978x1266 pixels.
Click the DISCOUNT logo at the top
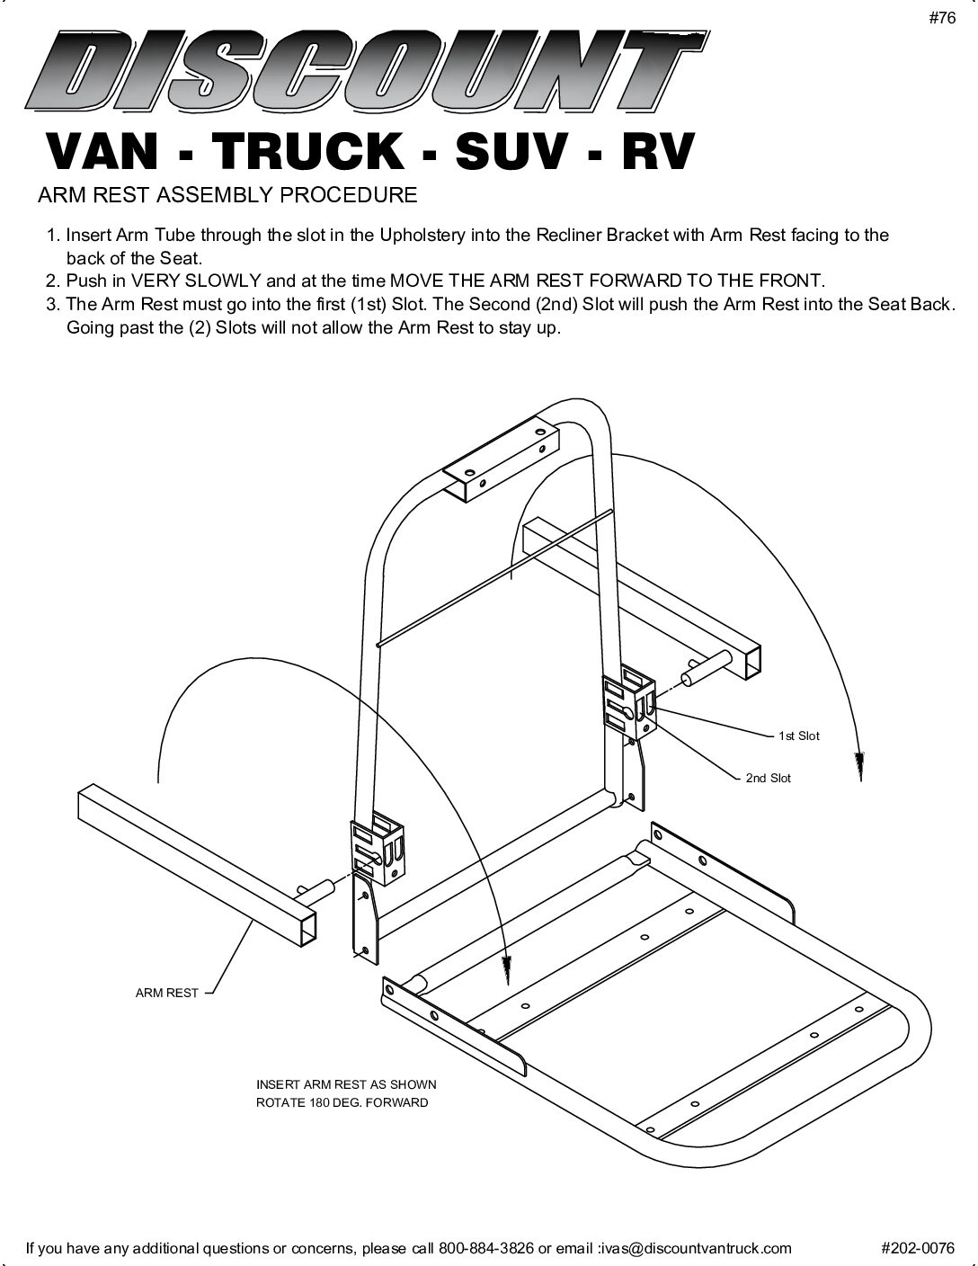[x=360, y=72]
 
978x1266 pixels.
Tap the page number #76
[x=941, y=19]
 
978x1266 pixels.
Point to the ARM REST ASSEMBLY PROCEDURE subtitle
[x=227, y=195]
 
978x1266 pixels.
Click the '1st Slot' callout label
[x=798, y=736]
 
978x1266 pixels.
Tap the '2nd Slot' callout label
[x=768, y=778]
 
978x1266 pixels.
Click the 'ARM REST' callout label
[x=166, y=994]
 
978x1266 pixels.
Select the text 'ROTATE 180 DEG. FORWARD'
[x=342, y=1102]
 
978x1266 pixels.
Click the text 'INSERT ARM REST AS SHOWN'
[x=346, y=1084]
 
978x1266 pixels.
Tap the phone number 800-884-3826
[x=485, y=1248]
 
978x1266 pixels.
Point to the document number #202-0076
[x=918, y=1248]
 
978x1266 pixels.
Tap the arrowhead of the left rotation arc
[x=506, y=969]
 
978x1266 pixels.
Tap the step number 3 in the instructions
[x=51, y=304]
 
